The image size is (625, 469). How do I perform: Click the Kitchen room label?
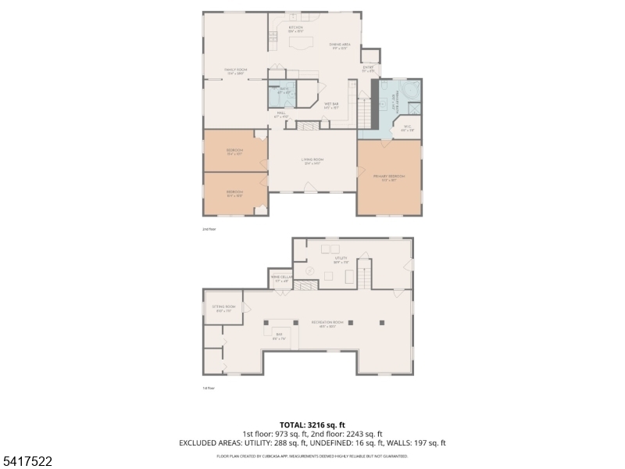click(296, 28)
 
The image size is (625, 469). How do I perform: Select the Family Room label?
click(236, 71)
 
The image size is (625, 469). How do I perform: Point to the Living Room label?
click(312, 160)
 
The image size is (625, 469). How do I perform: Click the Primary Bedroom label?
click(389, 177)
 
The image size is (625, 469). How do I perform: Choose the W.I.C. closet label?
click(407, 127)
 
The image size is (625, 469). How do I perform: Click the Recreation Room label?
click(327, 323)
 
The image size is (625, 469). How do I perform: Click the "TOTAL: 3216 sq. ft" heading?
click(312, 424)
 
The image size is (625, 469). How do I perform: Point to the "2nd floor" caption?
click(209, 229)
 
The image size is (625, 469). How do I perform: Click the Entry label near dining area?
click(368, 69)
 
